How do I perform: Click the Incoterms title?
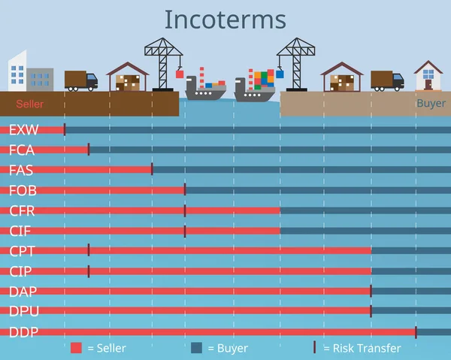pyautogui.click(x=225, y=19)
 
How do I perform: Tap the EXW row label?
pyautogui.click(x=23, y=130)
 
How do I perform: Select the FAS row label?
pyautogui.click(x=21, y=170)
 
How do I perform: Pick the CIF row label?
pyautogui.click(x=20, y=231)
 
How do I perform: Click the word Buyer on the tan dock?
pyautogui.click(x=431, y=104)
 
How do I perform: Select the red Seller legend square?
pyautogui.click(x=76, y=348)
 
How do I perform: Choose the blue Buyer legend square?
pyautogui.click(x=197, y=348)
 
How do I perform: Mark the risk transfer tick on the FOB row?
pyautogui.click(x=185, y=190)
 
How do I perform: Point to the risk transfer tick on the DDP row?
pyautogui.click(x=416, y=331)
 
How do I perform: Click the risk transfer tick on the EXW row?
pyautogui.click(x=65, y=130)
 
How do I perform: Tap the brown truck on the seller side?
pyautogui.click(x=80, y=80)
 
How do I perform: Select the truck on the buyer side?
pyautogui.click(x=387, y=80)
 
